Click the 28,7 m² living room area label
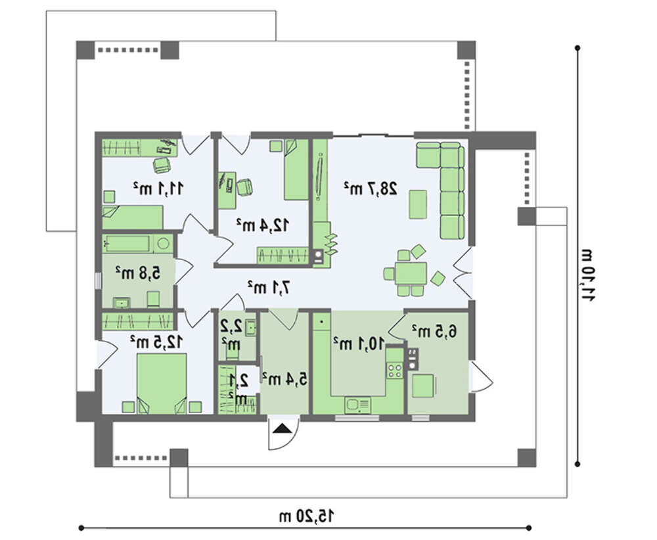(x=371, y=189)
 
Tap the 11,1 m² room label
(x=158, y=189)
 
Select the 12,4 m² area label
(x=262, y=225)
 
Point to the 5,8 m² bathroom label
(x=138, y=273)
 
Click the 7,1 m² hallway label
(x=269, y=287)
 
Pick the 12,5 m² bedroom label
(x=156, y=342)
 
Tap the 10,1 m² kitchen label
(x=358, y=344)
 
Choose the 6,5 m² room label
(x=434, y=331)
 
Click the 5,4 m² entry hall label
(x=284, y=379)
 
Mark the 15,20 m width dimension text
(x=306, y=516)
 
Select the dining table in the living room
(x=411, y=273)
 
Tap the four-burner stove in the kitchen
(x=394, y=370)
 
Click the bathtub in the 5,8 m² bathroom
(x=127, y=244)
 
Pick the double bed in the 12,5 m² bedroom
(x=162, y=383)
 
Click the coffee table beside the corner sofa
(x=418, y=204)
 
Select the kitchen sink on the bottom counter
(x=357, y=405)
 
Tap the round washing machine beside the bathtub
(x=164, y=244)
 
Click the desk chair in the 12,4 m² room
(x=244, y=187)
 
